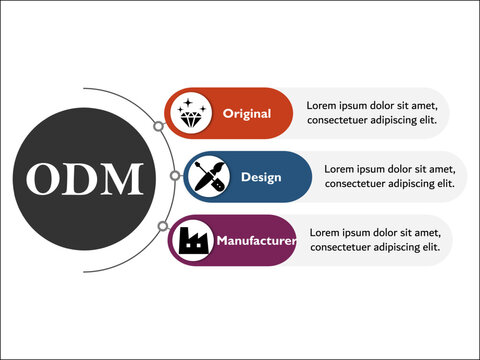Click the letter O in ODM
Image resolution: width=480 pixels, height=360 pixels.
click(x=45, y=179)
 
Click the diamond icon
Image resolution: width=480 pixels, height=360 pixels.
click(x=191, y=113)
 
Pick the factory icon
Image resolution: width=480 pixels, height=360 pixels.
click(x=191, y=240)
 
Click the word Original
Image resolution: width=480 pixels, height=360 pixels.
click(x=247, y=113)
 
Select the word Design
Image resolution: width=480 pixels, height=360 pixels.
click(x=261, y=177)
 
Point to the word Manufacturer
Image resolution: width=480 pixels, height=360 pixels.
click(x=256, y=241)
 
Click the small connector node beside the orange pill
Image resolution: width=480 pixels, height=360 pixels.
click(x=158, y=127)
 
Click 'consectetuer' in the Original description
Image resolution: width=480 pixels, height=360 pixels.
click(x=341, y=120)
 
